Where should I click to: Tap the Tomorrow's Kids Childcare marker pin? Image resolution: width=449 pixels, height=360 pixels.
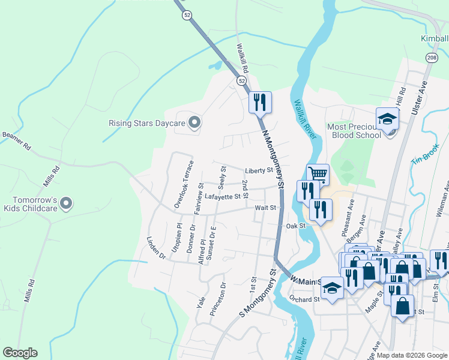67,204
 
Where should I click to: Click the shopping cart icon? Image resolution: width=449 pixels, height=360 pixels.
318,174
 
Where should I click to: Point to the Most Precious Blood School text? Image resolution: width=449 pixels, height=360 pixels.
354,131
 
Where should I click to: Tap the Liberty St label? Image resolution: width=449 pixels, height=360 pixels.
259,170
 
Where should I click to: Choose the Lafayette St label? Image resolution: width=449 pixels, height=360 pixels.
222,196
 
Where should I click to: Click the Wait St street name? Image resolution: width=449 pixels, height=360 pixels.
265,208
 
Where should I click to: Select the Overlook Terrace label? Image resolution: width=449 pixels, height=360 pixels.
184,184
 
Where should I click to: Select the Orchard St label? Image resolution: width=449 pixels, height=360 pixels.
304,299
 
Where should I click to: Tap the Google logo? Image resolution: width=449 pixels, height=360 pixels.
20,353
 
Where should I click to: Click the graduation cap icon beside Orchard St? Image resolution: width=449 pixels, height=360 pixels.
332,289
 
